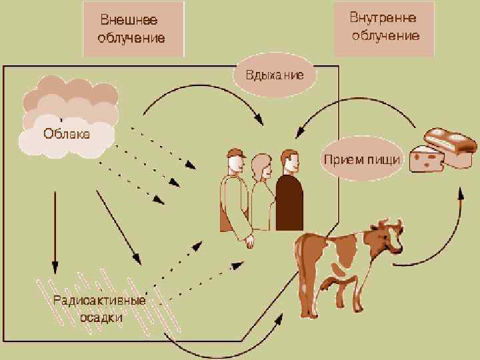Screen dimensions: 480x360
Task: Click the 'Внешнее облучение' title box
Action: [x=132, y=29]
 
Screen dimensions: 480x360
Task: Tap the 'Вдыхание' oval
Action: [x=275, y=75]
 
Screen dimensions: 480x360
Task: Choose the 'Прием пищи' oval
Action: [x=361, y=159]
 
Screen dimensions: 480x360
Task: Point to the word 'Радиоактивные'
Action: [x=100, y=301]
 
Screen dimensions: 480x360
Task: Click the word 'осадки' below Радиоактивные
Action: [x=101, y=317]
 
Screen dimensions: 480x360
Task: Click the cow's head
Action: [x=385, y=237]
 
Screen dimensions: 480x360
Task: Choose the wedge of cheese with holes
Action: [x=426, y=159]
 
